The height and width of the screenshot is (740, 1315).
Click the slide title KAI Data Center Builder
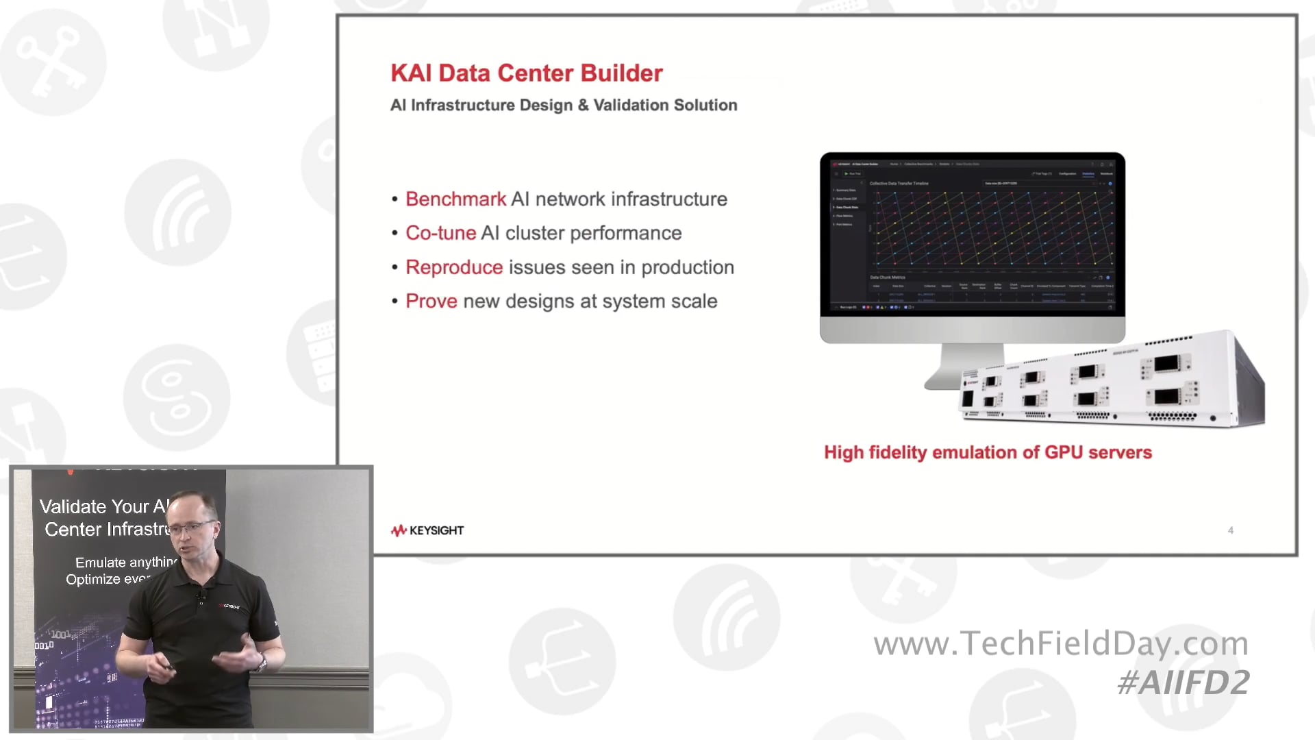[x=526, y=73]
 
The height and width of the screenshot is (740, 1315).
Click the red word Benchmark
[x=455, y=199]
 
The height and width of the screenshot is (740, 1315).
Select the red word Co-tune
[x=440, y=233]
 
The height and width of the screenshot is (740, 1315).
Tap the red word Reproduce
[x=454, y=267]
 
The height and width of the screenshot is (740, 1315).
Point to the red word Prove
[x=431, y=301]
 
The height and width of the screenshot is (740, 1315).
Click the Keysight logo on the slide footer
[x=427, y=530]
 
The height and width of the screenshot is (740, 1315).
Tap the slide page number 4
[x=1231, y=530]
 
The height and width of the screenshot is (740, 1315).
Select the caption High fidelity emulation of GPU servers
[x=988, y=453]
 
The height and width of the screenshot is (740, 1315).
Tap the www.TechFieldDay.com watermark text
[x=1061, y=643]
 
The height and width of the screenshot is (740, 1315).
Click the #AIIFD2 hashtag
[x=1183, y=682]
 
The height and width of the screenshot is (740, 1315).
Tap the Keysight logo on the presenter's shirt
[x=229, y=606]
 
